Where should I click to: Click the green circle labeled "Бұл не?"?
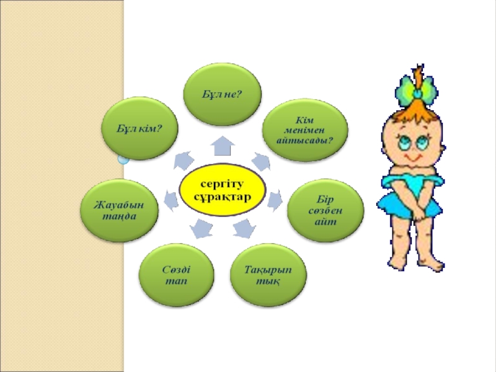pyautogui.click(x=221, y=93)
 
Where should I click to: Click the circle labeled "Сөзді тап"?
pyautogui.click(x=177, y=277)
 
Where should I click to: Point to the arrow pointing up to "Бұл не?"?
pyautogui.click(x=221, y=147)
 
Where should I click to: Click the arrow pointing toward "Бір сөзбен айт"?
pyautogui.click(x=275, y=200)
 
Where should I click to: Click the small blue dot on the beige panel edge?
pyautogui.click(x=123, y=159)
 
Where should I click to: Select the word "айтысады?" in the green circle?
pyautogui.click(x=304, y=141)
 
